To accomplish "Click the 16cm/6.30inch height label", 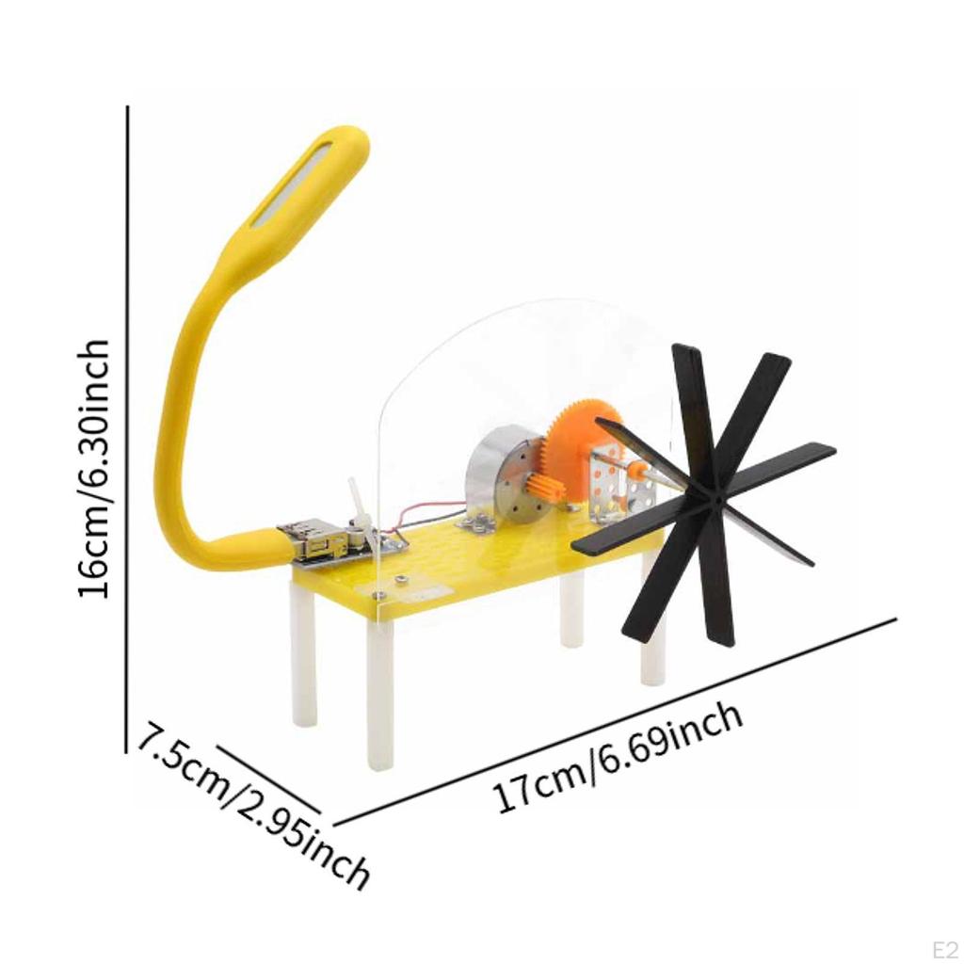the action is (94, 469).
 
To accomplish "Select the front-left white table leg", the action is (379, 697).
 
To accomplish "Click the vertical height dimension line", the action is (127, 424).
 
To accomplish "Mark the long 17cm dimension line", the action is (612, 720).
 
